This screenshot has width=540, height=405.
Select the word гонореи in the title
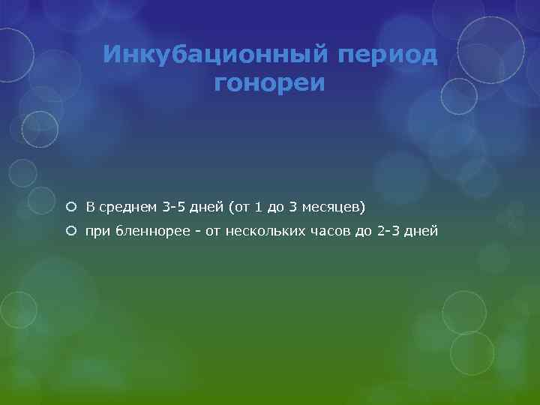(270, 83)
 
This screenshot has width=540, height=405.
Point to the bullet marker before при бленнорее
(70, 232)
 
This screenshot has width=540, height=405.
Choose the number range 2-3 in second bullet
(391, 232)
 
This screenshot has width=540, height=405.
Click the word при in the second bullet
(98, 232)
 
